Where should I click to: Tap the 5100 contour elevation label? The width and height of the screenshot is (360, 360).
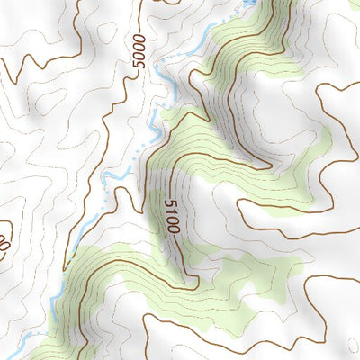pyautogui.click(x=172, y=217)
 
